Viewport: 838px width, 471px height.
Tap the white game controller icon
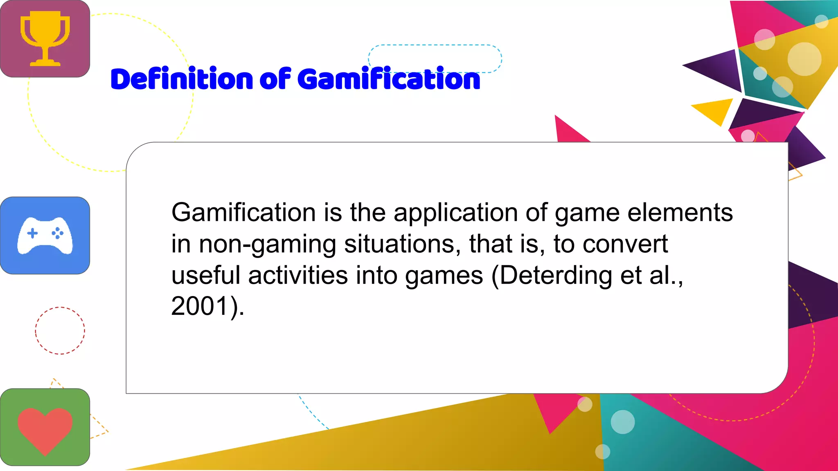[45, 236]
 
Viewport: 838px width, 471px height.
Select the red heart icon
[45, 429]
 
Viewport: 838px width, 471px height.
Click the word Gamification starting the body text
[243, 213]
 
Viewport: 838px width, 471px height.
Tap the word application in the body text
[455, 213]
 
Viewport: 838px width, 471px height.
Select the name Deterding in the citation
[556, 276]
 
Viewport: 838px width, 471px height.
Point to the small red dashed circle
[60, 330]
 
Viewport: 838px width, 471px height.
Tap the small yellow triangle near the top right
[714, 110]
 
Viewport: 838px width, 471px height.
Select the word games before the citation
[444, 276]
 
